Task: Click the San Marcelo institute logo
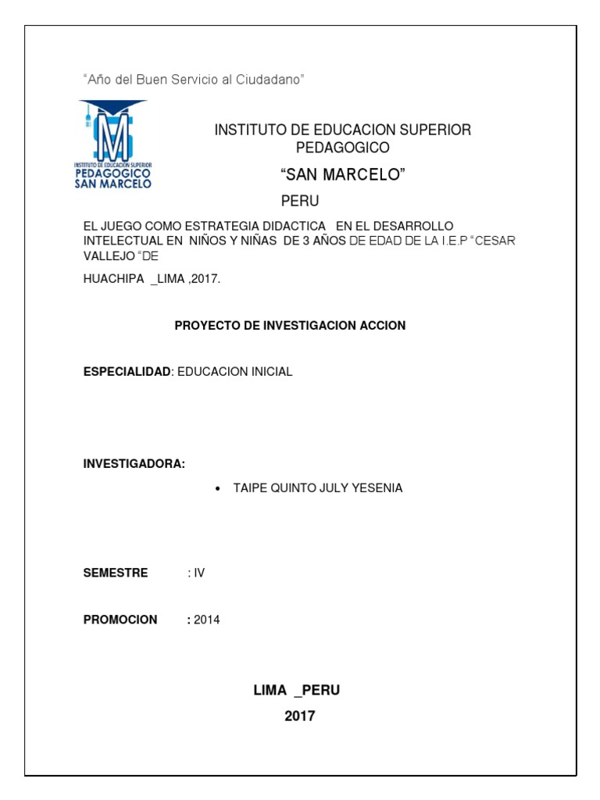point(113,145)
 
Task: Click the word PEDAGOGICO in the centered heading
point(342,148)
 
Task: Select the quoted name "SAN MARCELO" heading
point(342,174)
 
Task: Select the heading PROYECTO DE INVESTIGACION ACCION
point(290,325)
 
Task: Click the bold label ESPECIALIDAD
point(127,372)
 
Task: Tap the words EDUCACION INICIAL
point(235,372)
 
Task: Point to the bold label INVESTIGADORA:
point(134,464)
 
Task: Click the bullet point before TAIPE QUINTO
point(216,488)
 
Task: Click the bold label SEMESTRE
point(116,573)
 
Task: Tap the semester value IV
point(199,573)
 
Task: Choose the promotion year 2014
point(207,620)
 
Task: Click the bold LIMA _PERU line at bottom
point(296,690)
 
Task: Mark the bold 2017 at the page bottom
point(300,716)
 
